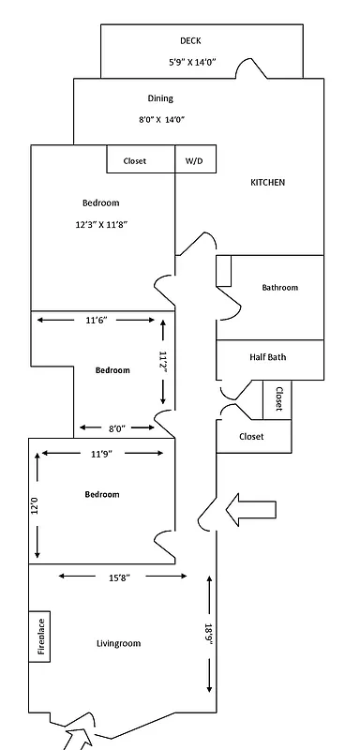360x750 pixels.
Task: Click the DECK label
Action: [x=190, y=40]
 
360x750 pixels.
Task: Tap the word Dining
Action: [x=160, y=97]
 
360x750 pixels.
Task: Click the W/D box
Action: [x=193, y=161]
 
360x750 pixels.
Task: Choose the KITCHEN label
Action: [x=267, y=182]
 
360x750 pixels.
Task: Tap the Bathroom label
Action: [x=279, y=288]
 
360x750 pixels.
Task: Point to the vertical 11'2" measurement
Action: [x=163, y=362]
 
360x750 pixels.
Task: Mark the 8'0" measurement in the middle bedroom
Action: [x=116, y=428]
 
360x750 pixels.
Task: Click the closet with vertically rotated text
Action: [x=277, y=400]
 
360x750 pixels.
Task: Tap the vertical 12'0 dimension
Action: [x=37, y=506]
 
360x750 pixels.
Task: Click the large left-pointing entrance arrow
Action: [x=251, y=509]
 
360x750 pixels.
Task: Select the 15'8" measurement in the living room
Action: [x=118, y=577]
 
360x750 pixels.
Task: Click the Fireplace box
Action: [x=40, y=637]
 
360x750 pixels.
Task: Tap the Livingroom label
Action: [x=118, y=643]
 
